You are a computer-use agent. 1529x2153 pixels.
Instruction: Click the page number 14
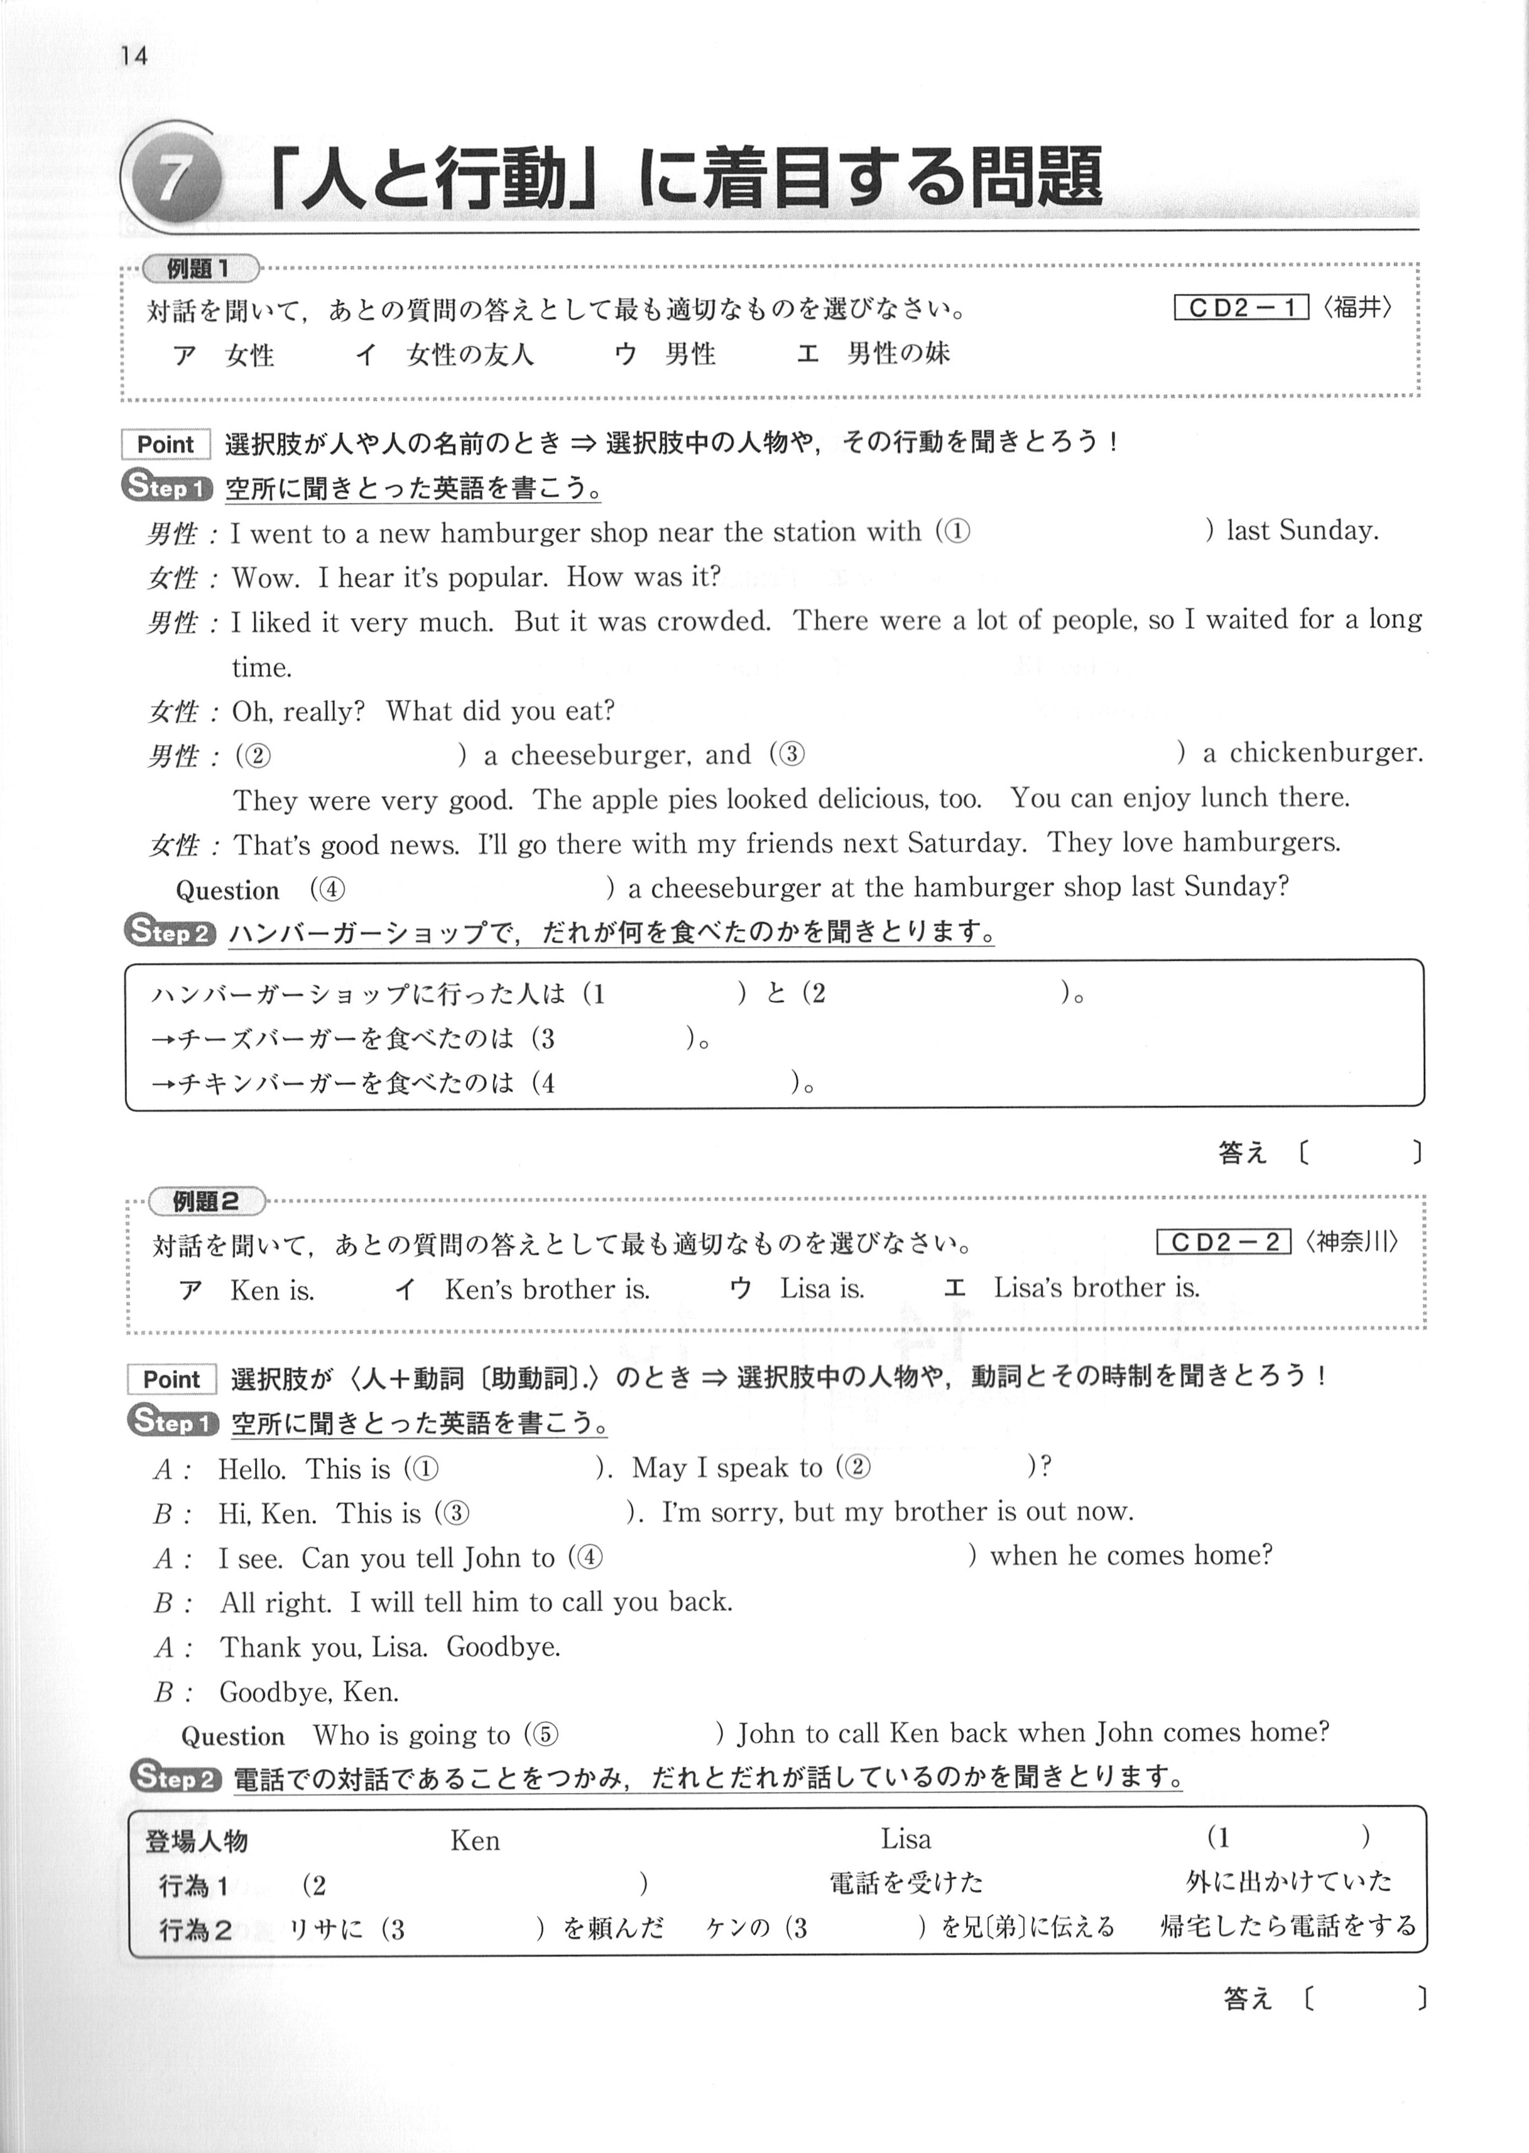[x=134, y=57]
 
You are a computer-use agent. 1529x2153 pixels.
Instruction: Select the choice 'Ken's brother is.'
[x=547, y=1289]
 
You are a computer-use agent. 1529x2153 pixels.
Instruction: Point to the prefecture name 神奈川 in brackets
[x=1352, y=1243]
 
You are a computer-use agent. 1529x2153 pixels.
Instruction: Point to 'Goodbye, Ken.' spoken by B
[x=309, y=1692]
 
